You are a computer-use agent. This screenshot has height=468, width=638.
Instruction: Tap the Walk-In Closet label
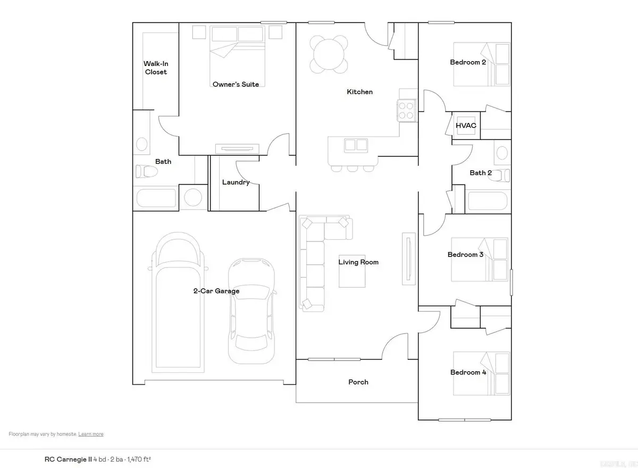point(156,68)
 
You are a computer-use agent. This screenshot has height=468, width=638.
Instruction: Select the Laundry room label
point(236,182)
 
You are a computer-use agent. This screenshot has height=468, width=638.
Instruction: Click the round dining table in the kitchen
point(329,53)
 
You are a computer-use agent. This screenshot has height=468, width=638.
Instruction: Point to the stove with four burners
point(407,111)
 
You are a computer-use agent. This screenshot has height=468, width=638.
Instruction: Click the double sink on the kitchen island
point(355,145)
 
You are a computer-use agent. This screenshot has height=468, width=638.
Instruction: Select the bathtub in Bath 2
point(488,200)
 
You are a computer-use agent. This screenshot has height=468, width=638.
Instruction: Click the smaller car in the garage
point(251,311)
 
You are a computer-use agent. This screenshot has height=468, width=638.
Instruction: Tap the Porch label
point(358,382)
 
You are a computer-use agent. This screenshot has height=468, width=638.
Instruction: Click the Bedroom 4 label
point(468,372)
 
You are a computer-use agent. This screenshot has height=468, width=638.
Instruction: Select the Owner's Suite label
point(236,84)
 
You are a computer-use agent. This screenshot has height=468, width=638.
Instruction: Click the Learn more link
point(91,434)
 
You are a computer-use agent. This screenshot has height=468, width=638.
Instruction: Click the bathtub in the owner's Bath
point(156,198)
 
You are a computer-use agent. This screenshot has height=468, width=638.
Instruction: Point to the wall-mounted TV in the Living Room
point(408,258)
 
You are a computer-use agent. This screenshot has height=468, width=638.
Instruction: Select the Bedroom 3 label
point(465,254)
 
